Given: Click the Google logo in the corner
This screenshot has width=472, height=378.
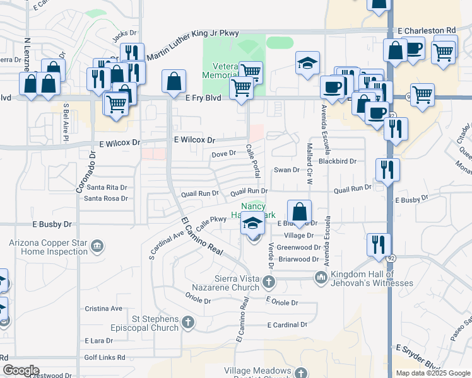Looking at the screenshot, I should click(x=20, y=370).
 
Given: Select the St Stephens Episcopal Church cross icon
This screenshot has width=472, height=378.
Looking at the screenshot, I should click(x=187, y=323).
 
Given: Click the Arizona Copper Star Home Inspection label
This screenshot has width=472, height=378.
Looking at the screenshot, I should click(x=47, y=247).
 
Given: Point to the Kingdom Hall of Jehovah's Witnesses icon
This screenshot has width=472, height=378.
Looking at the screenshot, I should click(x=321, y=277).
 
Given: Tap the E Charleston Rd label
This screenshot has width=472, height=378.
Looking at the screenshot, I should click(x=427, y=30).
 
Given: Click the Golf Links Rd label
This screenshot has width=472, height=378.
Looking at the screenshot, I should click(x=105, y=357).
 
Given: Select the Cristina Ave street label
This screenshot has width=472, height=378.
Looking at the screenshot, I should click(x=103, y=309).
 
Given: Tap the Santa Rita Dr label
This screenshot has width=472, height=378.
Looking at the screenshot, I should click(x=107, y=187).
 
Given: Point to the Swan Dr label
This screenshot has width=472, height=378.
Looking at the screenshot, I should click(x=286, y=170).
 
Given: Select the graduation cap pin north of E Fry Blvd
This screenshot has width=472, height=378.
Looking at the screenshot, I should click(x=307, y=63).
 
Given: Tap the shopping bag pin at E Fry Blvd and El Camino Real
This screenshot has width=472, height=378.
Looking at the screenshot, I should click(x=174, y=82).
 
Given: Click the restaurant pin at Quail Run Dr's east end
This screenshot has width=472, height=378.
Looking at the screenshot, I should click(x=387, y=169).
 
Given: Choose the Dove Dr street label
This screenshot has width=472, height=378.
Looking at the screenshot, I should click(x=223, y=153).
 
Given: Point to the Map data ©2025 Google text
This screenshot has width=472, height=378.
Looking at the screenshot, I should click(x=432, y=373).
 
